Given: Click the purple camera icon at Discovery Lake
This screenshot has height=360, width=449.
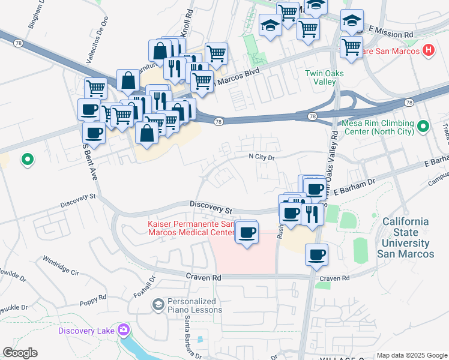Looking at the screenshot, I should tap(124, 329).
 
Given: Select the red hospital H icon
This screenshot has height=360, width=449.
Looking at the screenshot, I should tap(428, 51).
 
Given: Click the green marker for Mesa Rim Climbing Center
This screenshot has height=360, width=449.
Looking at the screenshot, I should tap(424, 127).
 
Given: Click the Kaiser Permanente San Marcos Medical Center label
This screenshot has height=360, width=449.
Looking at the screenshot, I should tap(191, 228).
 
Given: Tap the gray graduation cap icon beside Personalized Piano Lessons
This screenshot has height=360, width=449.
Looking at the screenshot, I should tap(158, 305).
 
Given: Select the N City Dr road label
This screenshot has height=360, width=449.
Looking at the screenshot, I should tap(262, 157).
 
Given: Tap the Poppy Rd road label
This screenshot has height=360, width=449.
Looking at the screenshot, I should tap(92, 297).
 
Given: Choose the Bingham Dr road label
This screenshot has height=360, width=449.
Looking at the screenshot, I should tap(36, 14).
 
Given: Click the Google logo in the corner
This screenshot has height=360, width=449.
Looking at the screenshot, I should tap(20, 353).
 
